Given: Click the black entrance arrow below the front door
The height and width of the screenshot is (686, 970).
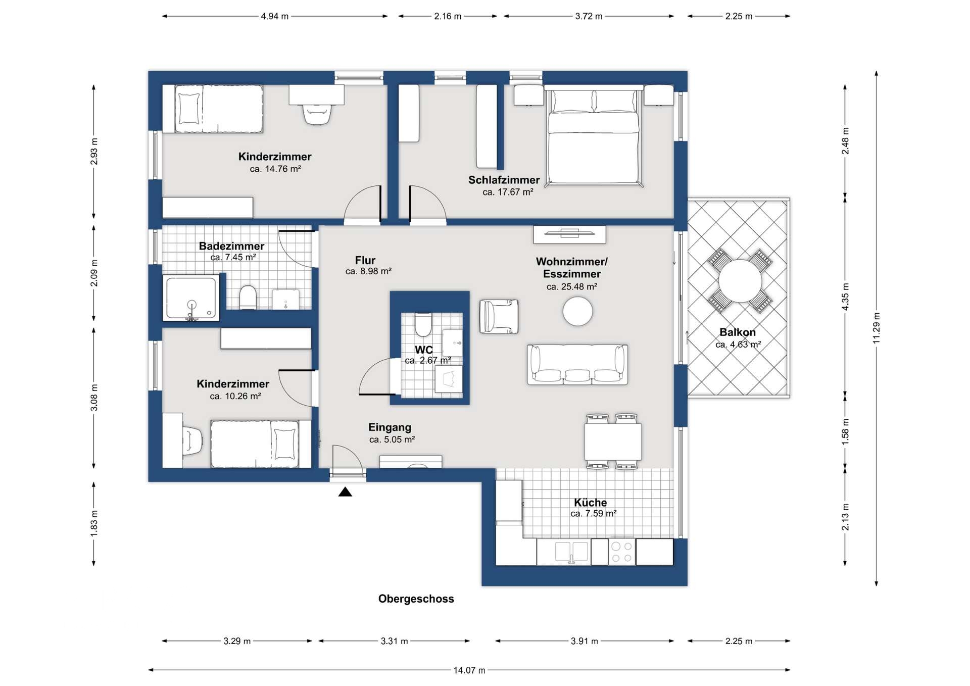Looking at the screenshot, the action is click(345, 492).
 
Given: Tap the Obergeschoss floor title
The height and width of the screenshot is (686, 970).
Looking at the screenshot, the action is click(416, 599).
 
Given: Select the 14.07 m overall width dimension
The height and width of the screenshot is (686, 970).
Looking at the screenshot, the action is click(469, 670).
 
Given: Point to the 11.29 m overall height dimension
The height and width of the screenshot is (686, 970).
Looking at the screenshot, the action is click(877, 328).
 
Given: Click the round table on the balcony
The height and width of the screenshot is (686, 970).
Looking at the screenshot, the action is click(740, 281).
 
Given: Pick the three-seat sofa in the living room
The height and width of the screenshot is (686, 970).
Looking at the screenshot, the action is click(577, 364).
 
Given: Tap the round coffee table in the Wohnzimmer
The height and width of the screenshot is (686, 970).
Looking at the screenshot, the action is click(577, 311).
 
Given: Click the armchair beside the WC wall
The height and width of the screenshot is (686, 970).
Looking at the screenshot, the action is click(499, 317).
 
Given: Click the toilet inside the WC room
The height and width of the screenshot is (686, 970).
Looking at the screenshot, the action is click(423, 325).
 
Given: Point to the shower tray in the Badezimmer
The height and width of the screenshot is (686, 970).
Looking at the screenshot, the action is click(191, 298).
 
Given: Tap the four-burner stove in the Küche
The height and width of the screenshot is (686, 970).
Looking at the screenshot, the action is click(622, 552).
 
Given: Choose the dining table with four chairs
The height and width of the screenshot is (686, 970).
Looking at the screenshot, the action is click(613, 442).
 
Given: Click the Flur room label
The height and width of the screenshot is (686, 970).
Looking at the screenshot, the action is click(365, 260).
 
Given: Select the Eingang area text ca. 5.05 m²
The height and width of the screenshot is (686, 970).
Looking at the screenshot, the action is click(392, 439).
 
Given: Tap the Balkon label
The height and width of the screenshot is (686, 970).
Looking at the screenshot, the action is click(738, 332).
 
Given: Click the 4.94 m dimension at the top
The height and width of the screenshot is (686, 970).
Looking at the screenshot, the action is click(274, 16).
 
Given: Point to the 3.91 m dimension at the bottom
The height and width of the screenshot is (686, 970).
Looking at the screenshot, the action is click(585, 641).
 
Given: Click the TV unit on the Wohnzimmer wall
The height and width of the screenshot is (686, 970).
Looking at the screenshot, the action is click(569, 234).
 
